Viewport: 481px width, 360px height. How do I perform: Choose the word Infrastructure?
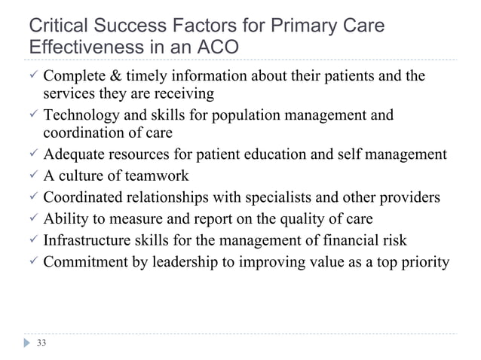coord(87,242)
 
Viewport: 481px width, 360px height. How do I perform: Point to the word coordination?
coord(78,134)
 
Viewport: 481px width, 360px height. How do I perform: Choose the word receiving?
coord(186,95)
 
